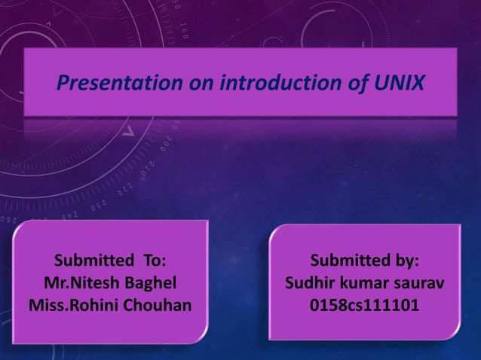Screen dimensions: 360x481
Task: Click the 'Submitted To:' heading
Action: pyautogui.click(x=110, y=261)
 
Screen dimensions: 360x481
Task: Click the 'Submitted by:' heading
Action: pyautogui.click(x=365, y=261)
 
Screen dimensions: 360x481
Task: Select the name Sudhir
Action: pyautogui.click(x=308, y=284)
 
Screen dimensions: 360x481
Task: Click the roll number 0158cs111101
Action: pyautogui.click(x=365, y=307)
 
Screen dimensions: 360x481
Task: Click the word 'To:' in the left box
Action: pyautogui.click(x=150, y=261)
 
